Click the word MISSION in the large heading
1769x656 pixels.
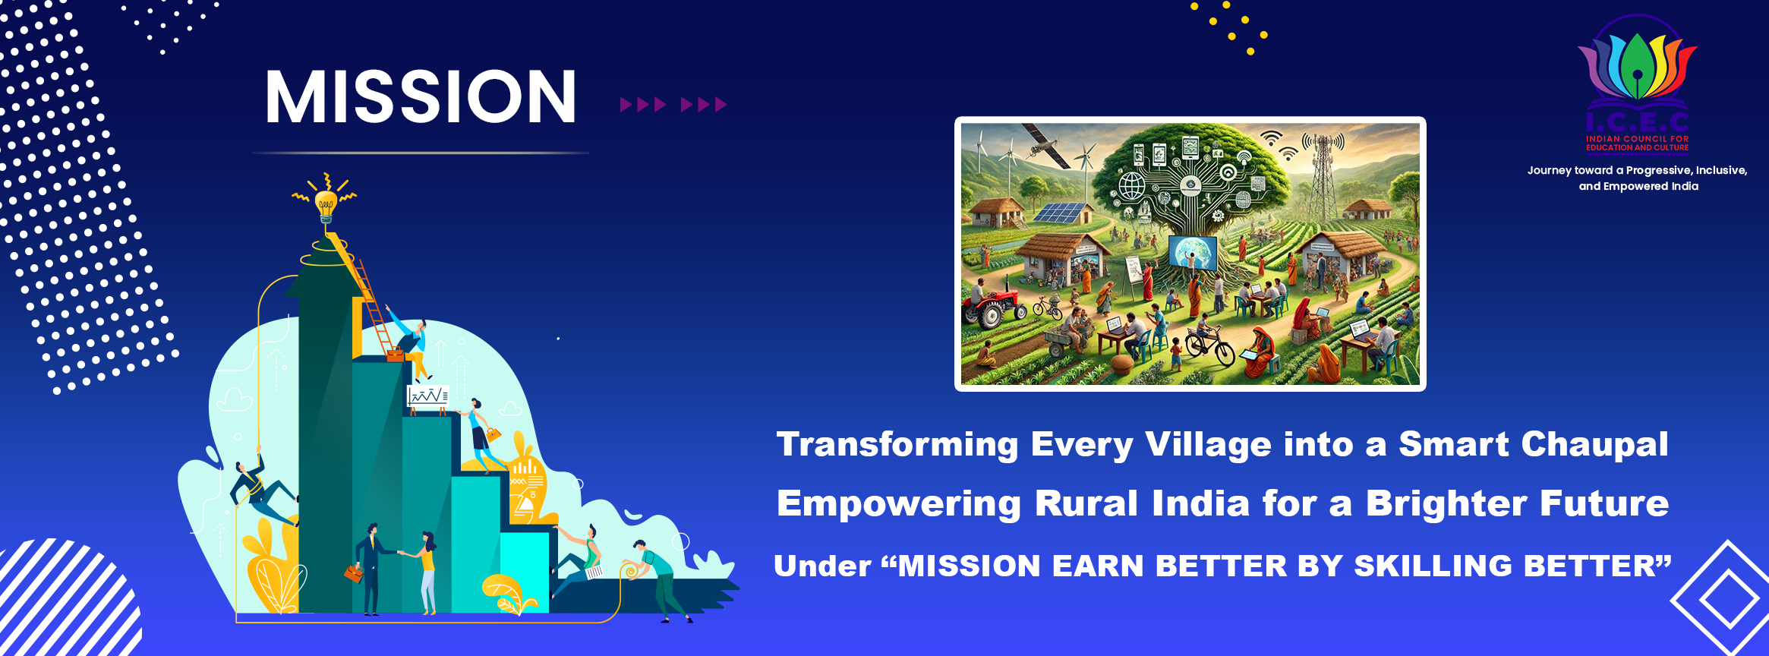[x=421, y=96]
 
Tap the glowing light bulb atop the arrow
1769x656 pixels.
[x=326, y=203]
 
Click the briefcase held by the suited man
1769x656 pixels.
[x=354, y=573]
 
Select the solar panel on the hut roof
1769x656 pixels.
[x=1058, y=212]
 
